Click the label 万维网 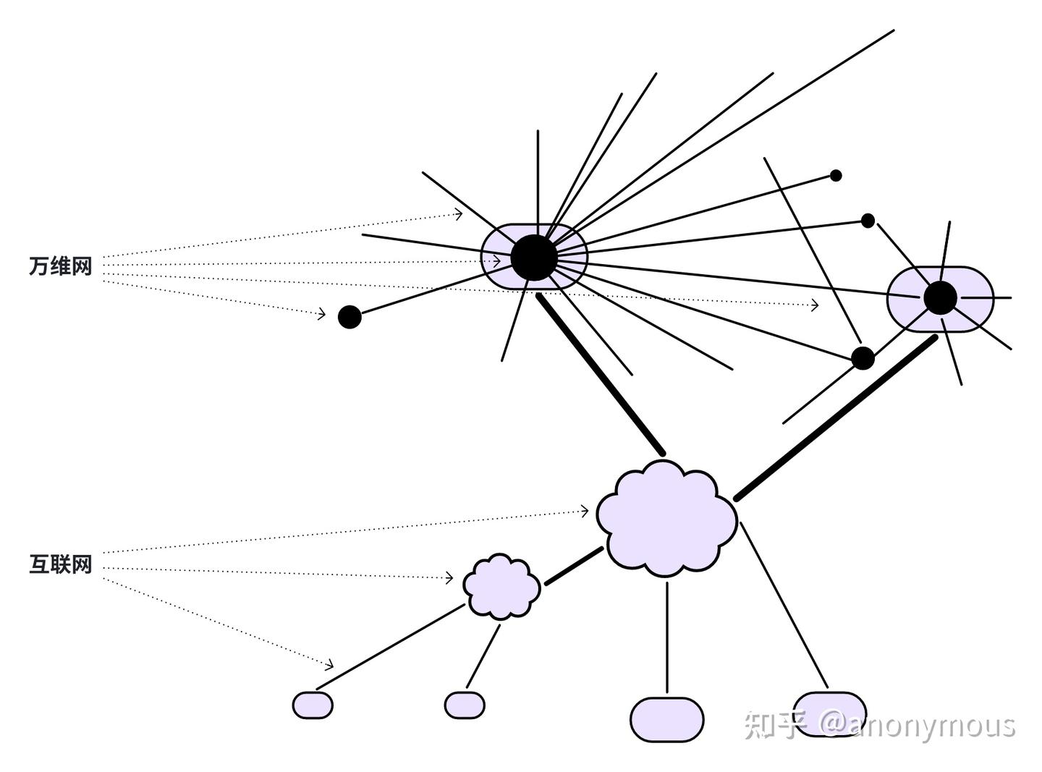tap(61, 266)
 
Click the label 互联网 tap(61, 564)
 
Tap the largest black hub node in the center tap(534, 257)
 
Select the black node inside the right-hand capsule tap(940, 297)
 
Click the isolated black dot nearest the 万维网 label tap(350, 317)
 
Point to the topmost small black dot tap(836, 175)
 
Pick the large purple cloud tap(666, 517)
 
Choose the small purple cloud tap(501, 587)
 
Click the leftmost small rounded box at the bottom tap(313, 705)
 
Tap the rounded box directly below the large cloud tap(666, 719)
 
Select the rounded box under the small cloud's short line tap(465, 705)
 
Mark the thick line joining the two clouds tap(574, 566)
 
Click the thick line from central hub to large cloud tap(601, 374)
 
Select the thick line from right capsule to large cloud tap(836, 418)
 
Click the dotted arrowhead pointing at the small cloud tap(449, 577)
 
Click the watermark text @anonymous tap(918, 725)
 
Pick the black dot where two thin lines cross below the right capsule tap(863, 357)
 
